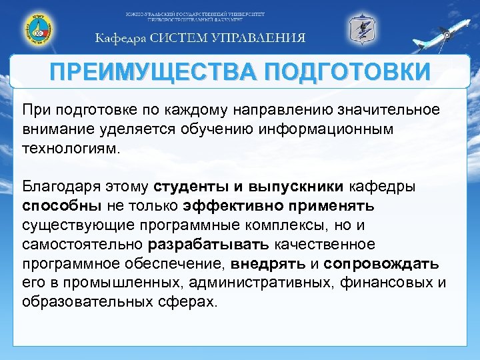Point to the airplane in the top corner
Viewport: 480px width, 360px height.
coord(453,30)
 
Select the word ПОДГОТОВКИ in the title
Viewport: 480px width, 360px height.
coord(346,72)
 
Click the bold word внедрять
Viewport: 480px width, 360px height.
coord(275,263)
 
